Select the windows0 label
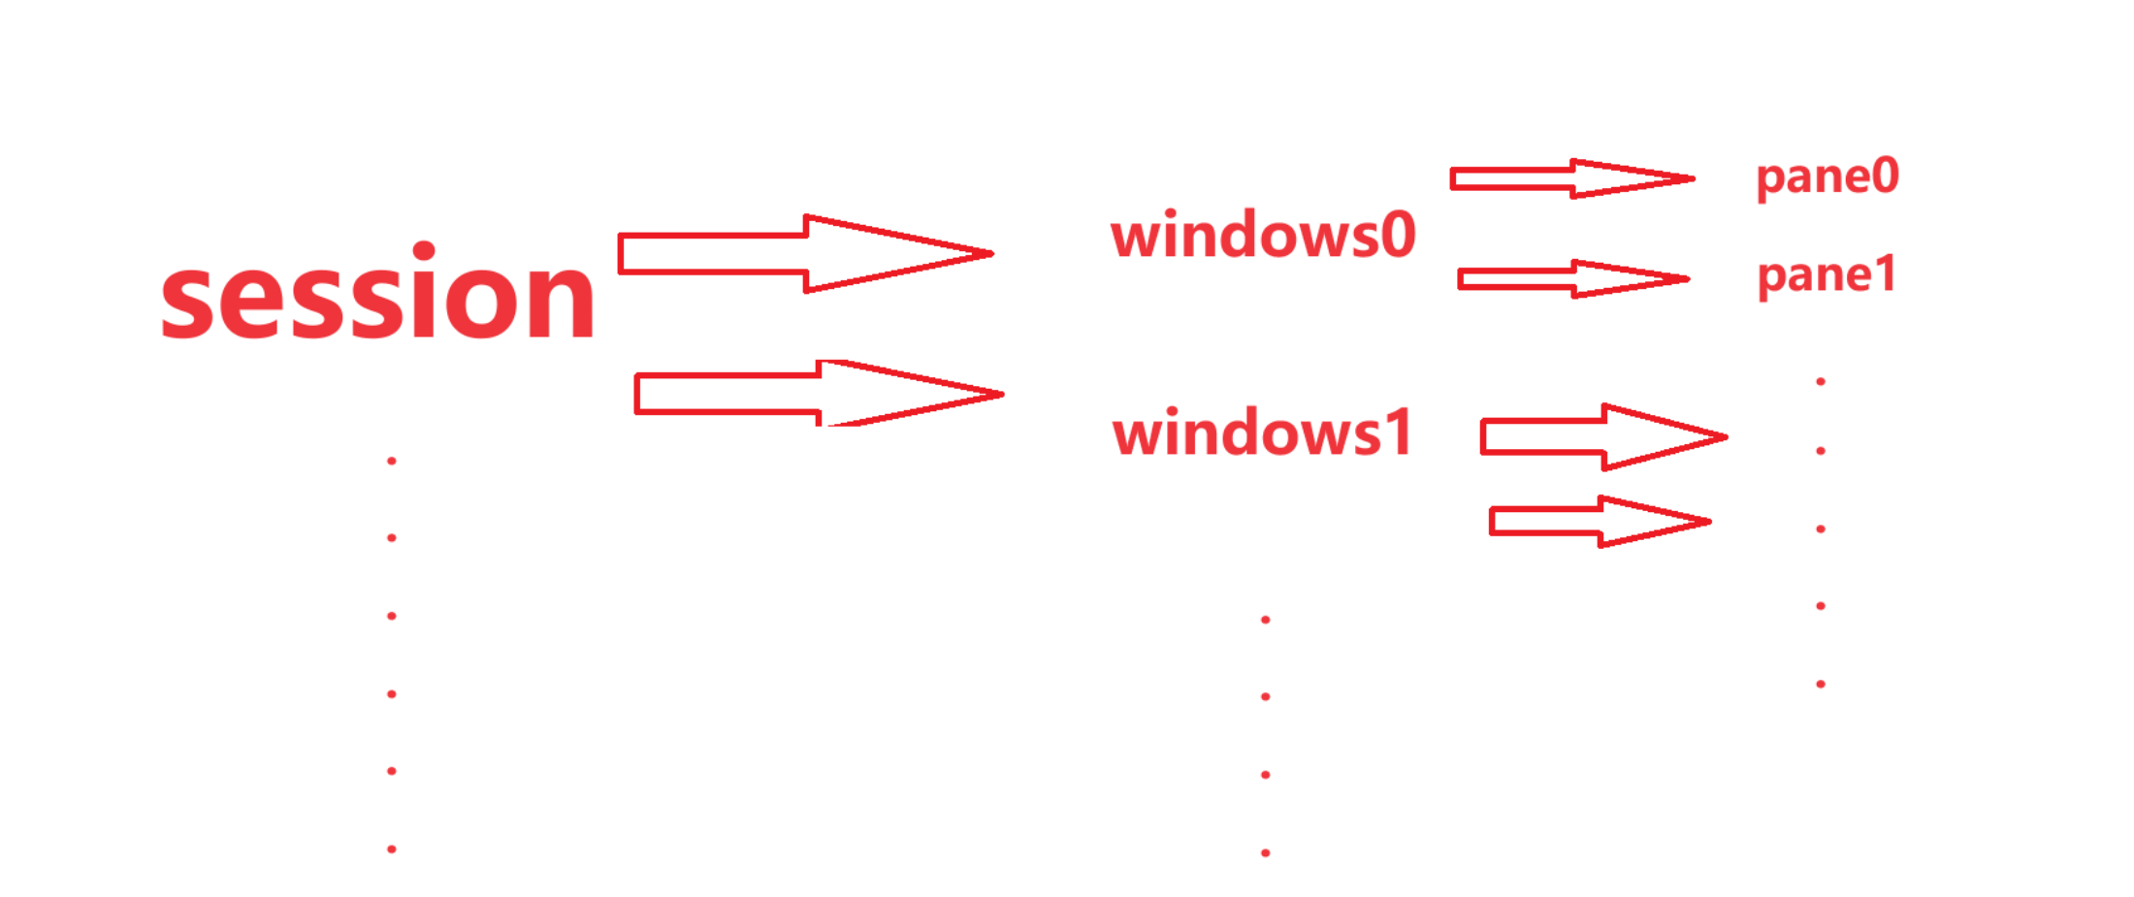1263,236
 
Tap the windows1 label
1262,432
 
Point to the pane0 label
1827,177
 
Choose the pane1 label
1827,275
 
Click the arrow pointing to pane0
1571,178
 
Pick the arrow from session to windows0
805,254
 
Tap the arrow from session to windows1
819,394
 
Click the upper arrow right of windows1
1602,437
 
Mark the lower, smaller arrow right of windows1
1600,522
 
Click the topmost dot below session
392,461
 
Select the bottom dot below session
392,849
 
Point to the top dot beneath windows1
1266,620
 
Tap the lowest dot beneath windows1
1266,853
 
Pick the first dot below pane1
1821,382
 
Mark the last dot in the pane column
1821,685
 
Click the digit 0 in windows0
1398,236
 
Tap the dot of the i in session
424,252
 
